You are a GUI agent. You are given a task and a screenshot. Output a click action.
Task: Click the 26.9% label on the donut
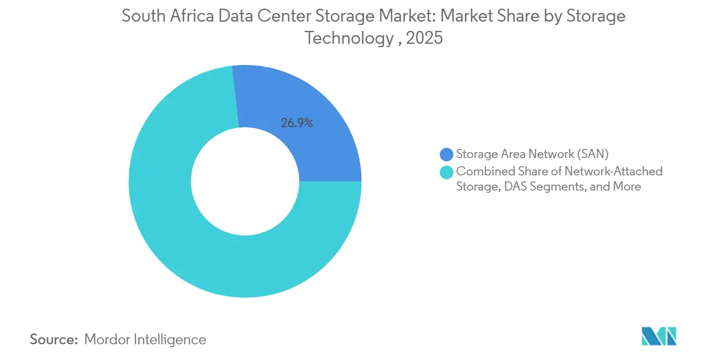(296, 123)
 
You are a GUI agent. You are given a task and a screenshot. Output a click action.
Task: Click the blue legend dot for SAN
(446, 154)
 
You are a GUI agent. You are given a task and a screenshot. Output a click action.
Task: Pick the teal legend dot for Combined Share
(446, 172)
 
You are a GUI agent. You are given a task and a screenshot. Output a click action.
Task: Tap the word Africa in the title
(185, 16)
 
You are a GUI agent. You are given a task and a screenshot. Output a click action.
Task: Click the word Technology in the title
(348, 38)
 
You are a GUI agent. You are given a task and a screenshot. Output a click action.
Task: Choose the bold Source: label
(54, 339)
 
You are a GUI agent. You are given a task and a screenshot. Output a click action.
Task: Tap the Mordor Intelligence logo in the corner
(659, 337)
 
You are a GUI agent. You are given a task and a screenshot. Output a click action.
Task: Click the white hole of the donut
(245, 181)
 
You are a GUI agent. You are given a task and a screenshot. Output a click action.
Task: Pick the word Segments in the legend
(561, 187)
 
